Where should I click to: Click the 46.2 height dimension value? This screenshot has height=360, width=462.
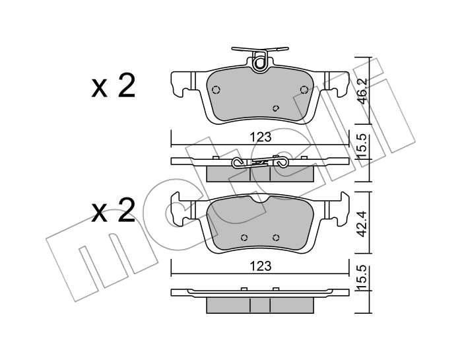tap(362, 90)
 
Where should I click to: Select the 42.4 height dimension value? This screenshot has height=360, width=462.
tap(362, 223)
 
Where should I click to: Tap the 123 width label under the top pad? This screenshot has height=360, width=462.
tap(260, 137)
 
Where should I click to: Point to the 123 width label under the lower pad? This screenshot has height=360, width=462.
tap(260, 266)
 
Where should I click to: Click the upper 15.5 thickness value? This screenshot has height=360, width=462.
tap(362, 145)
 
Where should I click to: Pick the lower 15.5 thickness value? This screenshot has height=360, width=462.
tap(362, 277)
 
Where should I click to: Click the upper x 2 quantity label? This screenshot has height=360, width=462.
tap(114, 86)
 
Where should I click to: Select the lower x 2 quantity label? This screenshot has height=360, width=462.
tap(114, 211)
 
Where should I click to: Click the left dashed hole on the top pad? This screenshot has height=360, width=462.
tap(216, 89)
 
